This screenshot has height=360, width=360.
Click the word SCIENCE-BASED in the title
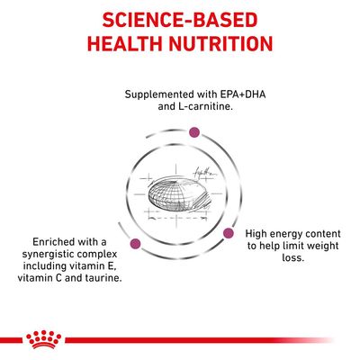point(180,19)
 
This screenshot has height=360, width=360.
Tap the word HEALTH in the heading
point(123,44)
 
